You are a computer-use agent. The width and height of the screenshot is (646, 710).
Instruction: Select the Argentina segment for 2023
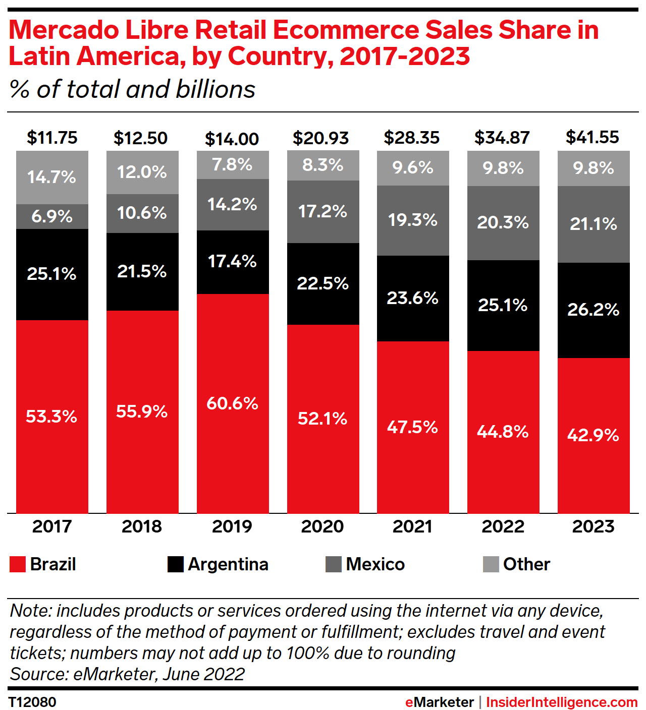[594, 310]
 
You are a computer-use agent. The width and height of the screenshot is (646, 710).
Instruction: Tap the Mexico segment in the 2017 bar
[52, 216]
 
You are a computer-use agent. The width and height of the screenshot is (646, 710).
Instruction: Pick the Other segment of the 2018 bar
[142, 172]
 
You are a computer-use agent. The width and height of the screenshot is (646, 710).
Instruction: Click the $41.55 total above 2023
[593, 137]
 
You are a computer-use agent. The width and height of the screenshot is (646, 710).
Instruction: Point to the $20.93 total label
[321, 138]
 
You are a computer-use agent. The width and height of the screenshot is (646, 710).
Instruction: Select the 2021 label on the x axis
[412, 526]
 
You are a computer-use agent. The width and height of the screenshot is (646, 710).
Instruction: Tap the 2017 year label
[52, 526]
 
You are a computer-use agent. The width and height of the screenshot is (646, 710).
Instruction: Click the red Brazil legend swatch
[18, 564]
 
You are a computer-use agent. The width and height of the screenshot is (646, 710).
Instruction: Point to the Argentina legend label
[228, 564]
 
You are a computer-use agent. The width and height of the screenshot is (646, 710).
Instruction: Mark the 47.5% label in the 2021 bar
[412, 427]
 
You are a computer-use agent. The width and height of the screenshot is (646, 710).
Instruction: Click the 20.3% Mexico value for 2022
[503, 222]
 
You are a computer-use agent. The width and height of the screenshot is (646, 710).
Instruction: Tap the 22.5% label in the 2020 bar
[322, 283]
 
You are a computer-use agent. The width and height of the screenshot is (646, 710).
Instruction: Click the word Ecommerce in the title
[346, 30]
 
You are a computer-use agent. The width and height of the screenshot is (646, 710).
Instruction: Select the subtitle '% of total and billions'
[133, 89]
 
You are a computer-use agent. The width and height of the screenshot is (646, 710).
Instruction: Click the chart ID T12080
[32, 702]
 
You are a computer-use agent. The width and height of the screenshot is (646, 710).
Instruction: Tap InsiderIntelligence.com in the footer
[562, 702]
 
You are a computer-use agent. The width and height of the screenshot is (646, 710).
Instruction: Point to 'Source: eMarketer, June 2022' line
[127, 674]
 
